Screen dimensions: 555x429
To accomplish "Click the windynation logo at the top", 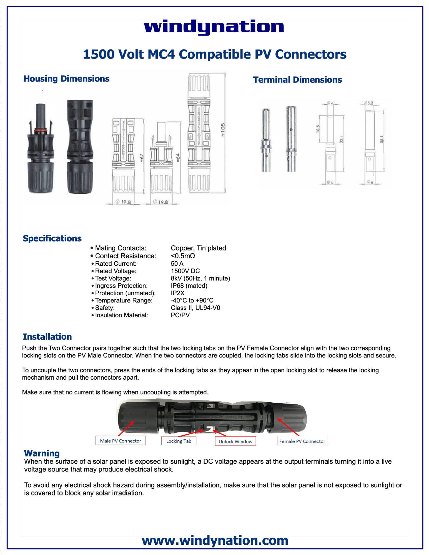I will coord(214,27).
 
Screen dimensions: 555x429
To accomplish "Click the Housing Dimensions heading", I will coord(66,79).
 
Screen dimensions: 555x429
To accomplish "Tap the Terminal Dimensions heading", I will coord(297,80).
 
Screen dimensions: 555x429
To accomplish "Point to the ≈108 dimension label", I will coord(223,130).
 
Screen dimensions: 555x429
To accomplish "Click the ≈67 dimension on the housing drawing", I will coord(142,158).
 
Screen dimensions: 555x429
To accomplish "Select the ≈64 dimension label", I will coord(178,158).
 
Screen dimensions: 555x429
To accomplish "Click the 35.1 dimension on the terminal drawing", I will coord(382,139).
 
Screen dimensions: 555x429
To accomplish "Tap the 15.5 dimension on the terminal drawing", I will coord(318,129).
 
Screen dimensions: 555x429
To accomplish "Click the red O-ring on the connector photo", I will coord(41,130).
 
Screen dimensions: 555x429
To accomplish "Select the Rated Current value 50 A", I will coord(177,264).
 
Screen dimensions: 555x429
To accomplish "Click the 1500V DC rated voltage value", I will coord(185,271).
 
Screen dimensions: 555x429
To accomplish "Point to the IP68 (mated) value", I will coord(189,286).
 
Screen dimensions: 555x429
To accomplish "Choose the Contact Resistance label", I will coord(126,256).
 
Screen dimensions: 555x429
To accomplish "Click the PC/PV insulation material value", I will coord(180,315).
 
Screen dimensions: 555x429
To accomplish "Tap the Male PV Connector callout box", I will coord(121,441).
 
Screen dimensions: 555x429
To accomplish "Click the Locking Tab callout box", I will coord(179,441).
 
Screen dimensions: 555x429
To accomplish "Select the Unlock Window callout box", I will coord(235,441).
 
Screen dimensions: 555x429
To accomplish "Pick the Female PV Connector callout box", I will coord(302,441).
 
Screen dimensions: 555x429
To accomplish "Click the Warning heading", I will coord(42,453).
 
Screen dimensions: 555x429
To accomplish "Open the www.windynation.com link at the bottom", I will coord(215,540).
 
